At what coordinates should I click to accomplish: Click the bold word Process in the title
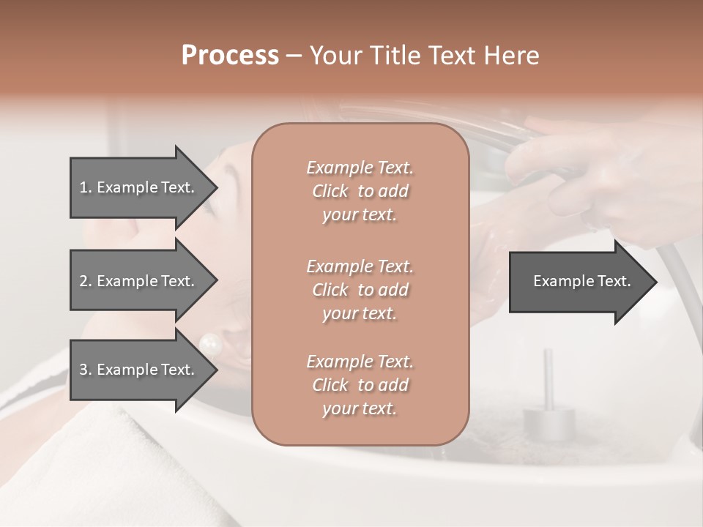pos(230,56)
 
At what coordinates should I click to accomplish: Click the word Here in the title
pos(509,56)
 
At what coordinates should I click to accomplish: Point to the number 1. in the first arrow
pos(86,187)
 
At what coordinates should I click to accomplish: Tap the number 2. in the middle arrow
pos(86,281)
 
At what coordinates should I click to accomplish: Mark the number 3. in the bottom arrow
pos(86,370)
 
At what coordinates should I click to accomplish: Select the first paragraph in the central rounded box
pos(360,191)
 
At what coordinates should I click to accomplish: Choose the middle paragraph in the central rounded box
pos(360,290)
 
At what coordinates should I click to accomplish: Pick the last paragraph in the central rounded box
pos(360,385)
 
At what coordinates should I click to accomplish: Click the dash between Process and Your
pos(294,56)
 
